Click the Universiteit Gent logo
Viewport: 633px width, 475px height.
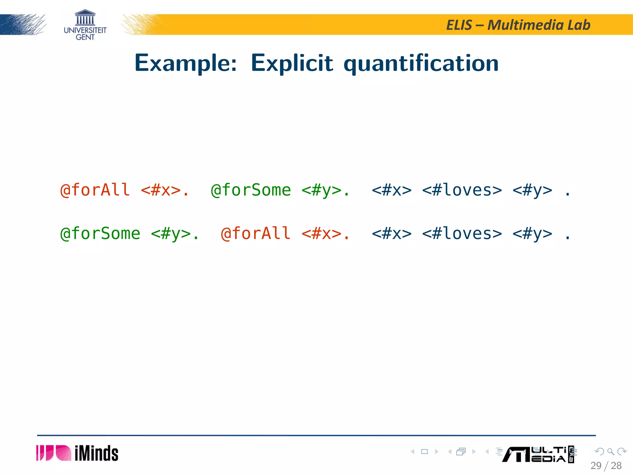[85, 25]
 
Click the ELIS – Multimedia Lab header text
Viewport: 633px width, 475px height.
[518, 25]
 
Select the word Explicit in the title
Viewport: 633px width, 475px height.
[292, 63]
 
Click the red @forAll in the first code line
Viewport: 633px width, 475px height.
[95, 190]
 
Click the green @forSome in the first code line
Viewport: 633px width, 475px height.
[251, 190]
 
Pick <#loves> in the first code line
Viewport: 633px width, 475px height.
[462, 190]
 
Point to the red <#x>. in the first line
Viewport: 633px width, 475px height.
[164, 190]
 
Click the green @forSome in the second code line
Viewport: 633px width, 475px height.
[100, 233]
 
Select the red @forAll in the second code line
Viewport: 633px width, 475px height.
[256, 233]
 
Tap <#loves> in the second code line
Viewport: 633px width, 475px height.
[462, 233]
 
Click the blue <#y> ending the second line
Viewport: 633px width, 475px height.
[532, 233]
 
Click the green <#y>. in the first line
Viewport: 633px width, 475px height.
[325, 190]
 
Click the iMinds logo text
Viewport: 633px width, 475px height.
[96, 453]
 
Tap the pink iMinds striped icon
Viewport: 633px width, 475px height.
[53, 453]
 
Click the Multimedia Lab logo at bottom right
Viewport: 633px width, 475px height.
[538, 455]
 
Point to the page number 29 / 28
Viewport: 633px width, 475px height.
[606, 465]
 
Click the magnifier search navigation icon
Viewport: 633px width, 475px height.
[610, 451]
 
